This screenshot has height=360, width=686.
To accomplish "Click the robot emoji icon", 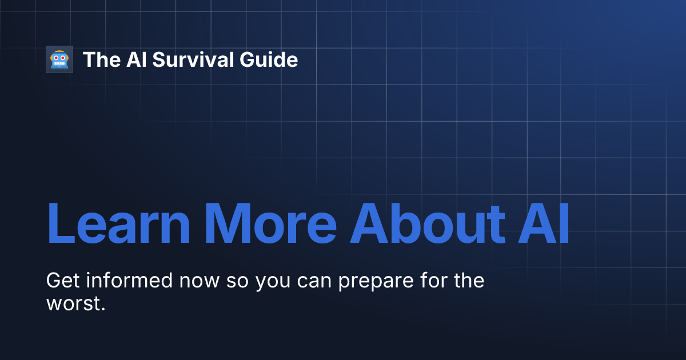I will [x=59, y=59].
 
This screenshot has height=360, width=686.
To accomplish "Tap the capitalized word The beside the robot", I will [x=101, y=59].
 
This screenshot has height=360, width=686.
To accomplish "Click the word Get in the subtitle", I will [x=61, y=281].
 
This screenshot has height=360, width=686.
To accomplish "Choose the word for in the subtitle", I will [x=434, y=281].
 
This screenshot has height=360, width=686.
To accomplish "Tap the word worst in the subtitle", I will [x=73, y=303].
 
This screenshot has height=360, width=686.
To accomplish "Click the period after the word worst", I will [x=103, y=309].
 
